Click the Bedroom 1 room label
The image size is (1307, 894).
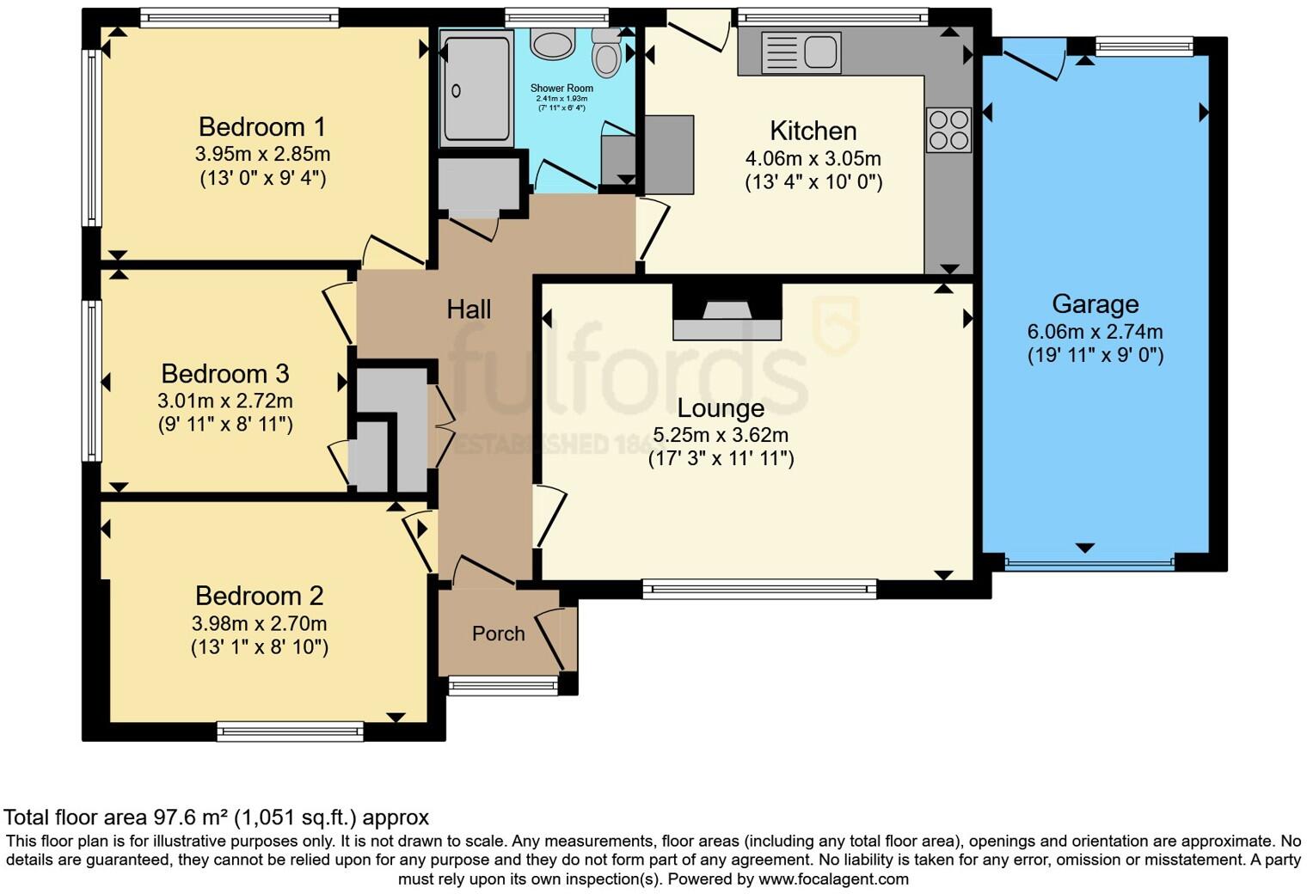pyautogui.click(x=261, y=127)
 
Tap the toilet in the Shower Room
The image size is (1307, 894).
pyautogui.click(x=607, y=54)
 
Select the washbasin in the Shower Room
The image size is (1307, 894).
pyautogui.click(x=551, y=43)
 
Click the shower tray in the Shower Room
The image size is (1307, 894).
pyautogui.click(x=476, y=86)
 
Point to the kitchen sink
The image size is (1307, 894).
pyautogui.click(x=801, y=52)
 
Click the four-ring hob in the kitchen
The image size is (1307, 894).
pyautogui.click(x=948, y=130)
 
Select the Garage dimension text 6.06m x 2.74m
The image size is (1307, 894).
pyautogui.click(x=1095, y=332)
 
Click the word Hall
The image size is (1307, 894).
pyautogui.click(x=469, y=309)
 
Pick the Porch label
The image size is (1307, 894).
pyautogui.click(x=498, y=634)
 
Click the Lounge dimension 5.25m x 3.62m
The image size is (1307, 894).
pyautogui.click(x=721, y=435)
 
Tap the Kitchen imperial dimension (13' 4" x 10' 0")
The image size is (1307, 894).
pyautogui.click(x=813, y=182)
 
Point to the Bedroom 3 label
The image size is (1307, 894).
pyautogui.click(x=224, y=374)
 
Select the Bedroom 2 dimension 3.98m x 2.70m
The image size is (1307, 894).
pyautogui.click(x=259, y=623)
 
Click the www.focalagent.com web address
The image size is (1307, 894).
pyautogui.click(x=833, y=879)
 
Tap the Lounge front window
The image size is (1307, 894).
pyautogui.click(x=759, y=589)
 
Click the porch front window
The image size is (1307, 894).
pyautogui.click(x=503, y=684)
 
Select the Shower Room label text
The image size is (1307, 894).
pyautogui.click(x=561, y=88)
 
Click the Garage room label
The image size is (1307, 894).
pyautogui.click(x=1095, y=304)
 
